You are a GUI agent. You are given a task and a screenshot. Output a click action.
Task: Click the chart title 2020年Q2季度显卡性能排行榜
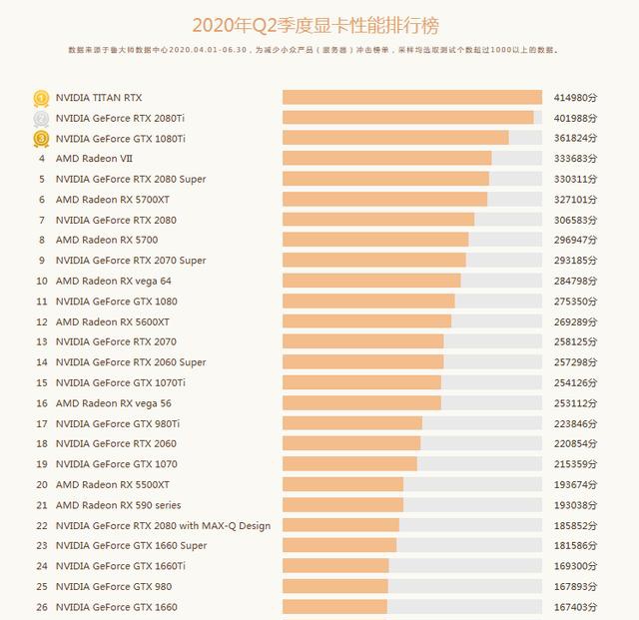pyautogui.click(x=316, y=26)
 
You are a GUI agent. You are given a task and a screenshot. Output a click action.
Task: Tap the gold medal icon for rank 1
pyautogui.click(x=41, y=98)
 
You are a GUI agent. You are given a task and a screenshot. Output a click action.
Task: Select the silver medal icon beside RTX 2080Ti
pyautogui.click(x=41, y=119)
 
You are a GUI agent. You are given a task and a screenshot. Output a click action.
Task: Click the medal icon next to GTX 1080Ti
pyautogui.click(x=41, y=139)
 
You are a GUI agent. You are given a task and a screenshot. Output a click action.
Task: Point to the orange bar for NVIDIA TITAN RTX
pyautogui.click(x=412, y=98)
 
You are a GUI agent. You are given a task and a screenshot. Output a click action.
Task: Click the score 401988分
pyautogui.click(x=575, y=118)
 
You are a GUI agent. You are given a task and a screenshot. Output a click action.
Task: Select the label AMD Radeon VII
pyautogui.click(x=94, y=159)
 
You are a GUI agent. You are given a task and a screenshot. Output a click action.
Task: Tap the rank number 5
pyautogui.click(x=42, y=179)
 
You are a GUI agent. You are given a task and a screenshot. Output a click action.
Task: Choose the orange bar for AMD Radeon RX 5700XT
pyautogui.click(x=384, y=200)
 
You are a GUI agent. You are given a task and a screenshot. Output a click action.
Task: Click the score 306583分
pyautogui.click(x=575, y=220)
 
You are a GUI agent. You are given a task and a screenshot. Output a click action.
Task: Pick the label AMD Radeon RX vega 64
pyautogui.click(x=113, y=281)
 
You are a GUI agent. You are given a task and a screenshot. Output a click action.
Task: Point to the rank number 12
pyautogui.click(x=42, y=322)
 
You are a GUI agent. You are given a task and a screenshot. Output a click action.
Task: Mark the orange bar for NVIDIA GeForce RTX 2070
pyautogui.click(x=363, y=341)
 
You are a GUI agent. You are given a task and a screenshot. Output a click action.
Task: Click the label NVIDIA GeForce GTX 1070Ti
pyautogui.click(x=121, y=382)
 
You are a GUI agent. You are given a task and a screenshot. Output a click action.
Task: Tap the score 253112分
pyautogui.click(x=575, y=403)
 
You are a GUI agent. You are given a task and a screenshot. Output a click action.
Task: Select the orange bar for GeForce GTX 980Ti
pyautogui.click(x=352, y=423)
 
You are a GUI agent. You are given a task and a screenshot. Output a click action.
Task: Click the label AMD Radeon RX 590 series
pyautogui.click(x=118, y=505)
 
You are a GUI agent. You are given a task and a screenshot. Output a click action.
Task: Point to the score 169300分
pyautogui.click(x=575, y=566)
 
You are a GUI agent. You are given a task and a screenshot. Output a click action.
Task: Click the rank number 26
pyautogui.click(x=42, y=607)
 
